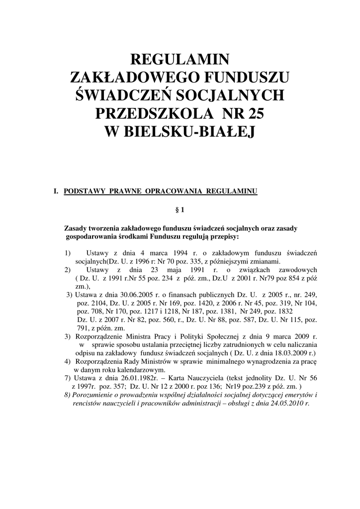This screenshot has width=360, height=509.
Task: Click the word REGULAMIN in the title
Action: tap(180, 60)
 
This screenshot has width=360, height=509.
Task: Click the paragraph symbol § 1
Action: tap(180, 210)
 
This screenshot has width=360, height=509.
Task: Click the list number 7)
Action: tap(68, 378)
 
